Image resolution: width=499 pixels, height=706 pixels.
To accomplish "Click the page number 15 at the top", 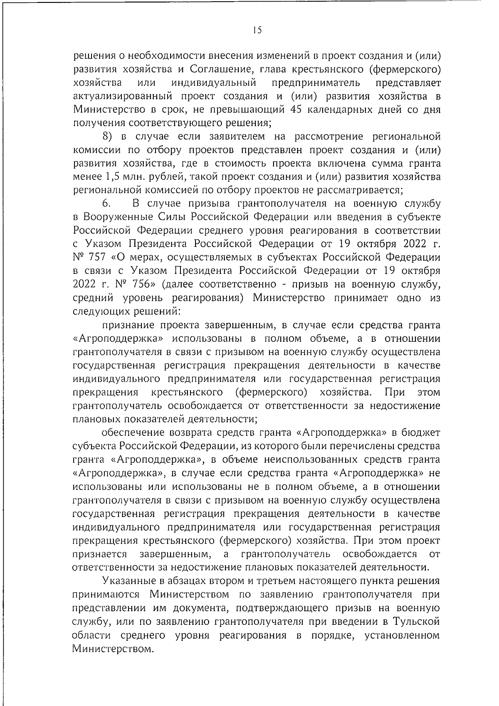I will tap(257, 30).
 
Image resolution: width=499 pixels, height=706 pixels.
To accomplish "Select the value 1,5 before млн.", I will tap(111, 176).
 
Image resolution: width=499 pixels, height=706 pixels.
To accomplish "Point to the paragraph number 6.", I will tap(106, 204).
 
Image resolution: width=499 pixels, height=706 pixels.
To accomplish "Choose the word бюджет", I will tap(419, 433).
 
